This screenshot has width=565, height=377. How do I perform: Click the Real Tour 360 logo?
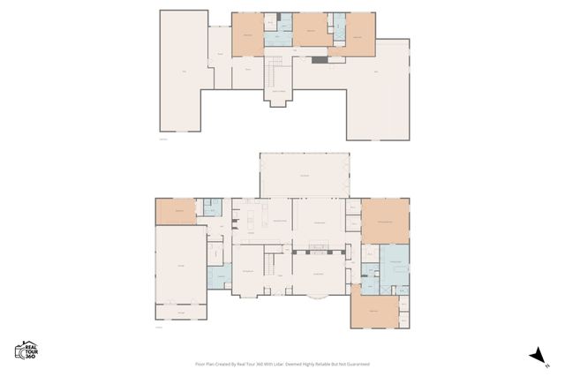pos(25,351)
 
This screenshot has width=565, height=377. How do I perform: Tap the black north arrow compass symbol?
pos(536,354)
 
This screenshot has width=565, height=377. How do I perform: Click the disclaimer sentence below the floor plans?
pos(282,364)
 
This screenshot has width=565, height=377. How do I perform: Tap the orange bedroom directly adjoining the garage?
pos(177,212)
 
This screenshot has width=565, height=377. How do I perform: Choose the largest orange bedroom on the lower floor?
pos(386,221)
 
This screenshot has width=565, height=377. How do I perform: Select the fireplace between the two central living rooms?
pos(292,220)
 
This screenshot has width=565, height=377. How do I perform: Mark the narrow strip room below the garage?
pos(181,312)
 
